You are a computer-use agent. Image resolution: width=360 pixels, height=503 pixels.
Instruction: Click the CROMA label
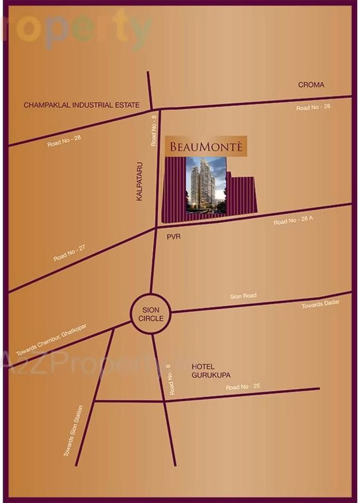point(311,84)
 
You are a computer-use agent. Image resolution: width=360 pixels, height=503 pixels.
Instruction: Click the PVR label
point(174,237)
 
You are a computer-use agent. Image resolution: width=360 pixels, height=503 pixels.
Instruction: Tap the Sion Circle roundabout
point(151,314)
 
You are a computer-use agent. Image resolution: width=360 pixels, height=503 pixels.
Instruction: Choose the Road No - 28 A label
point(293,221)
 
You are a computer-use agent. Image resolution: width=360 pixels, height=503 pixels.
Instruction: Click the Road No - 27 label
point(69,254)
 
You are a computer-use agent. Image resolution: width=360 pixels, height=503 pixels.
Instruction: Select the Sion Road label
point(243,296)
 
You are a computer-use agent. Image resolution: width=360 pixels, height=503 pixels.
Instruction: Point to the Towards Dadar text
point(320,304)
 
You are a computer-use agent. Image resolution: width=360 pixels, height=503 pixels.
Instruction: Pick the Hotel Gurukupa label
point(203,371)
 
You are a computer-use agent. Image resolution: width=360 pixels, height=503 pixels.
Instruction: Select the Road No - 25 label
point(243,386)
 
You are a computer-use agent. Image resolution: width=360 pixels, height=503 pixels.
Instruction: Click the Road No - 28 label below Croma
point(313,106)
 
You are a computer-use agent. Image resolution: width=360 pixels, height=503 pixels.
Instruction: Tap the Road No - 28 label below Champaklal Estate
point(64,140)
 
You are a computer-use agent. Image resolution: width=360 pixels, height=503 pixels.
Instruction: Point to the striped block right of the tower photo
point(242,195)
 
